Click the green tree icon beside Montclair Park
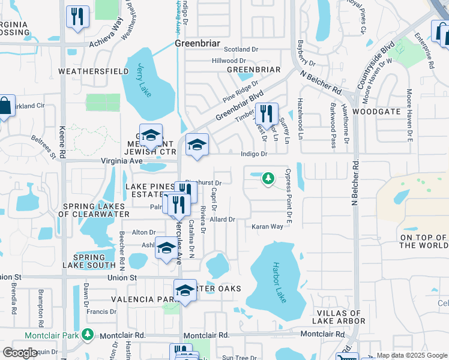[x=88, y=334]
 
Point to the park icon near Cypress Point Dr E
[x=268, y=178]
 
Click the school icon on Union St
[x=185, y=290]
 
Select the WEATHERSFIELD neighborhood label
[x=93, y=71]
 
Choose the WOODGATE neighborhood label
[x=376, y=112]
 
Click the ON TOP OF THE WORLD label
[x=423, y=242]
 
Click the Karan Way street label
[x=267, y=227]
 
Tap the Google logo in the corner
[x=20, y=353]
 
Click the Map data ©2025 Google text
[x=411, y=355]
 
